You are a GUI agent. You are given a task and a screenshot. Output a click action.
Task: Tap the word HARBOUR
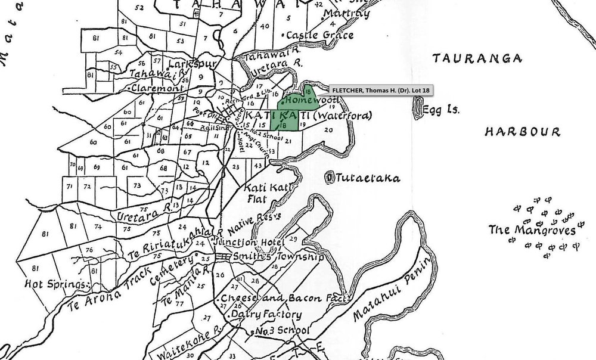pyautogui.click(x=522, y=132)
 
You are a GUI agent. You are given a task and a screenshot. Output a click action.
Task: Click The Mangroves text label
pyautogui.click(x=532, y=229)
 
